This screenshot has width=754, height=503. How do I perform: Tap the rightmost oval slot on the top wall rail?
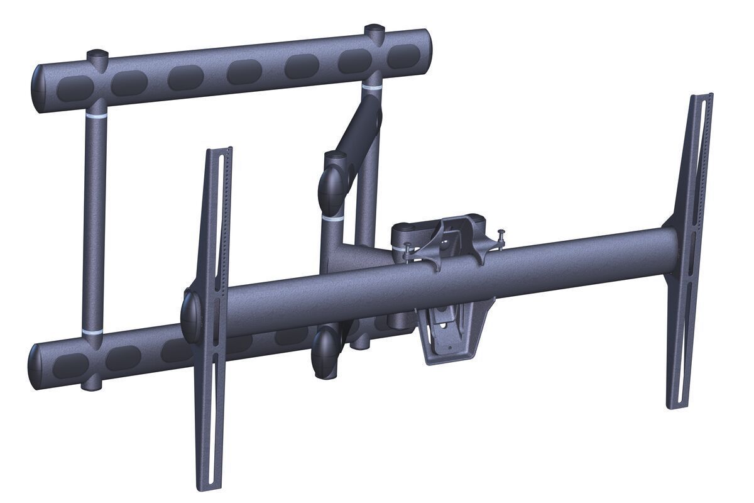400,57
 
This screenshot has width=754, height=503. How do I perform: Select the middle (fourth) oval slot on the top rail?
244,72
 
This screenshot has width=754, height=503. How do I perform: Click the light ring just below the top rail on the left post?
96,118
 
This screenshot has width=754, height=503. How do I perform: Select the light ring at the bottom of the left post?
92,331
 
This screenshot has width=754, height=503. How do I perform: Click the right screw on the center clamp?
501,235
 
